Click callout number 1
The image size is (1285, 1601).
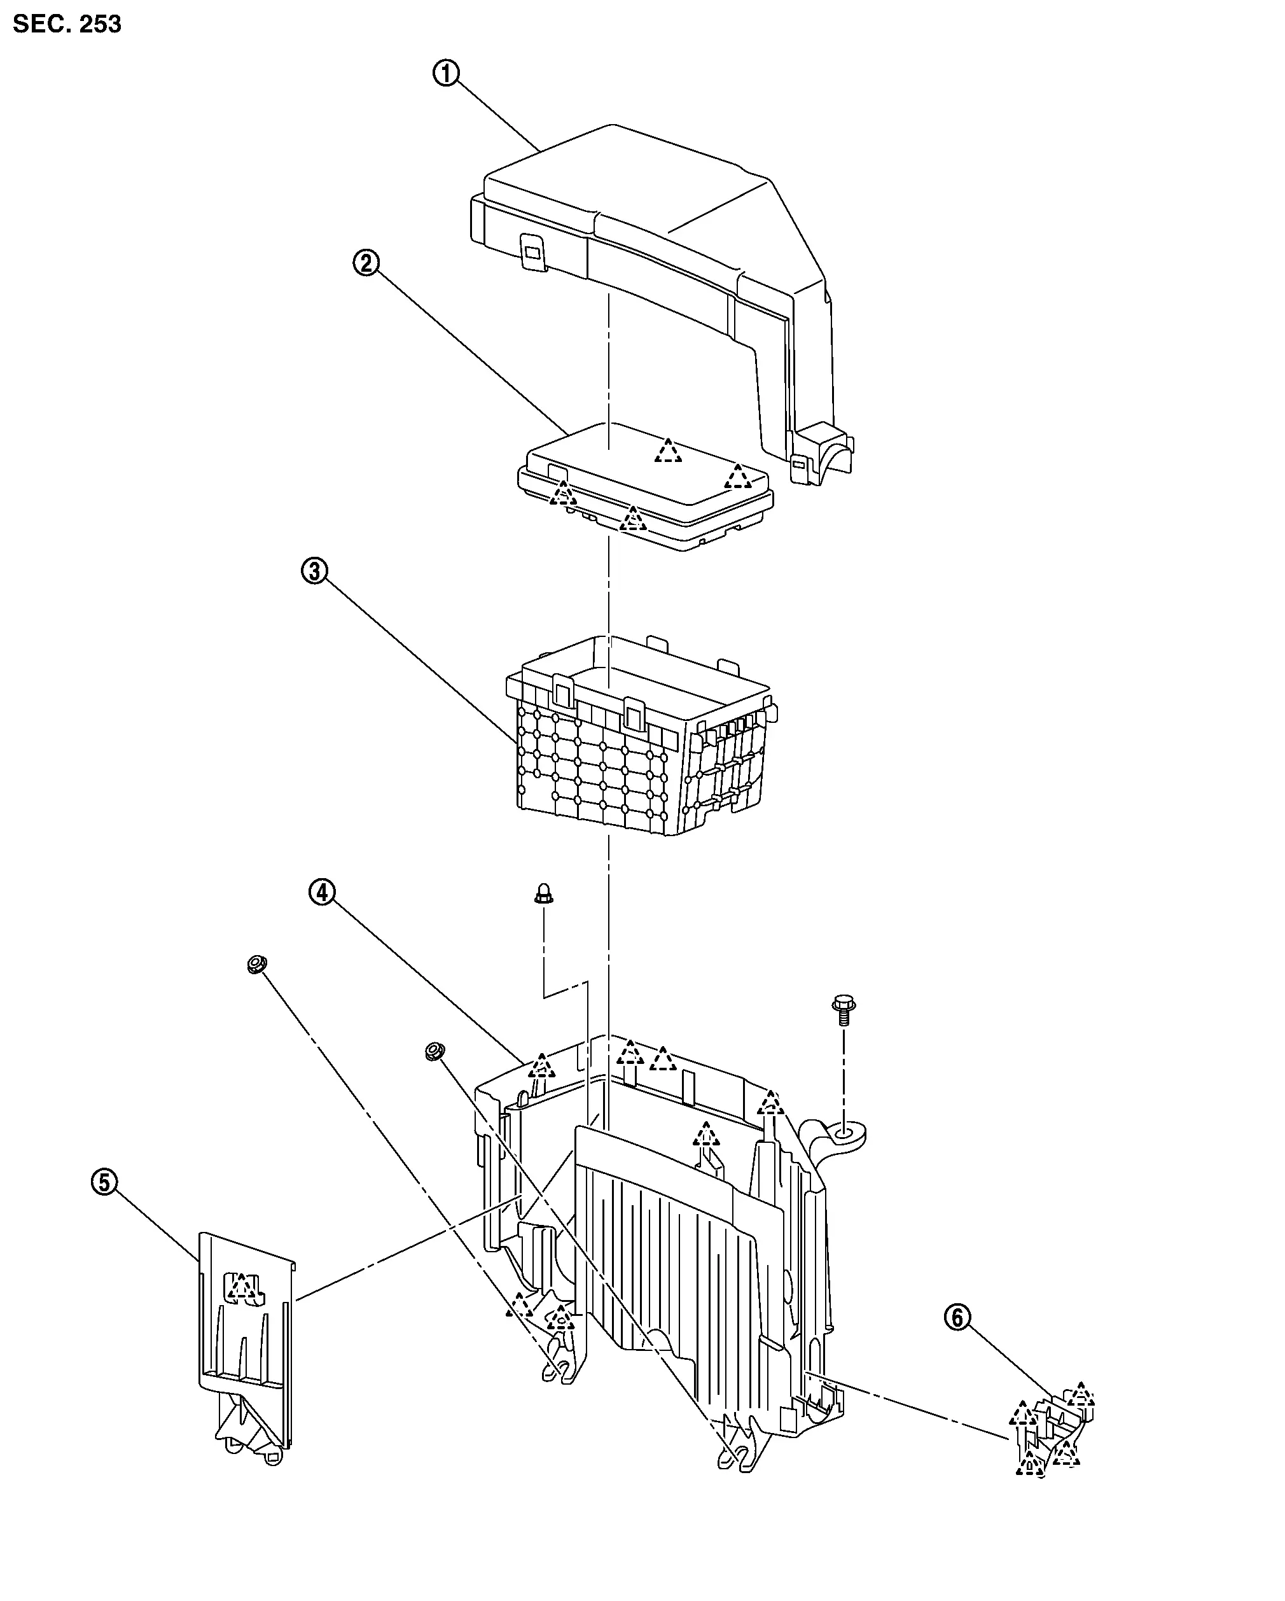point(446,73)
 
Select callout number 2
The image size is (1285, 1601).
point(366,262)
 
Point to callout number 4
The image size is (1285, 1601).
point(322,892)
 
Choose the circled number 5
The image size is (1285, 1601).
point(105,1182)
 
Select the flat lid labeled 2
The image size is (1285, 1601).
point(645,486)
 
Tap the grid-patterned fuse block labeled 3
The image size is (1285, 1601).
point(642,735)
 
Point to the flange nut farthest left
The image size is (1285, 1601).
point(257,965)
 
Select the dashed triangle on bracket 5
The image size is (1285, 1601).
point(241,1286)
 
